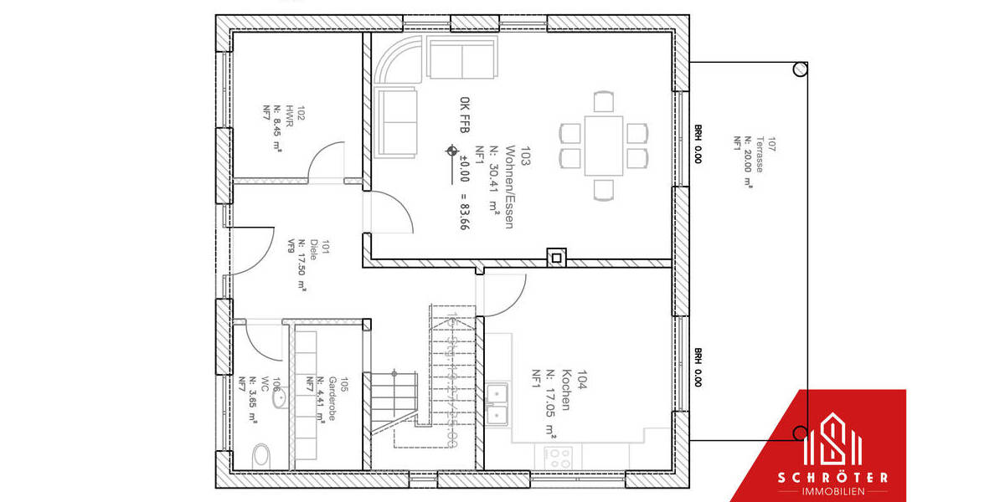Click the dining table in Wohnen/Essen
click(604, 145)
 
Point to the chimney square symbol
click(554, 257)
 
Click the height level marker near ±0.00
click(452, 152)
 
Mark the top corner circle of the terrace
click(801, 69)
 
